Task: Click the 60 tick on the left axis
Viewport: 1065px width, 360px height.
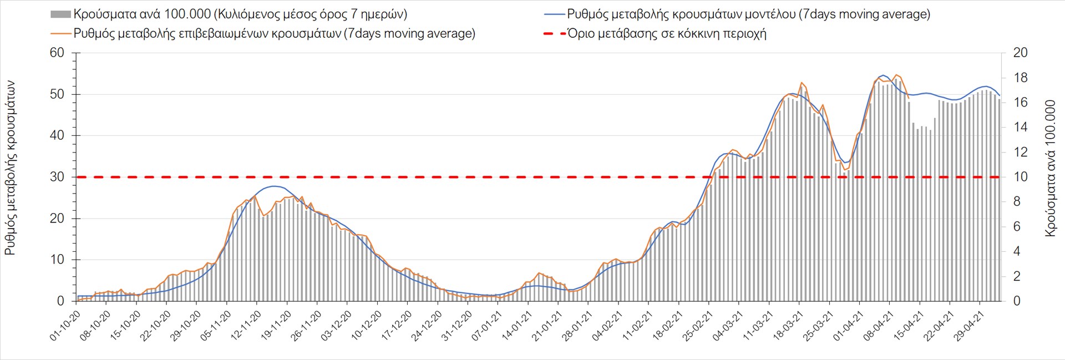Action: (58, 53)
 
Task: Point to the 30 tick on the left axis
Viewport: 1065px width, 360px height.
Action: (58, 177)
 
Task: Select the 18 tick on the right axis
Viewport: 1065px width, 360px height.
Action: (1020, 78)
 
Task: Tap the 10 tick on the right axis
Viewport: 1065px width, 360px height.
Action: (1020, 177)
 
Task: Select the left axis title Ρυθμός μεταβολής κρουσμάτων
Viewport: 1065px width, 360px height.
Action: (10, 168)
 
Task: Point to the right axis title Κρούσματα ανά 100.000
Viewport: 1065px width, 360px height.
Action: (1050, 168)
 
